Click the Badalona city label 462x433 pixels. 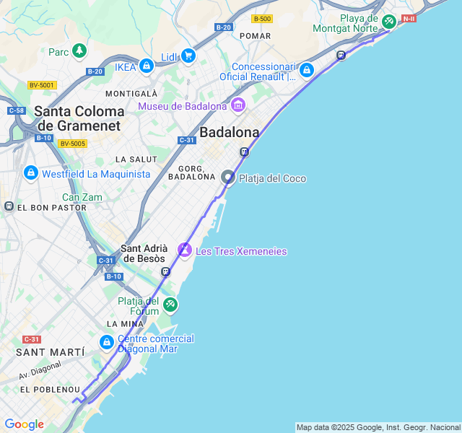pyautogui.click(x=229, y=133)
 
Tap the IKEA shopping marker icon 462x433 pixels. pyautogui.click(x=147, y=66)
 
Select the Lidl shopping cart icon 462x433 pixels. pyautogui.click(x=188, y=56)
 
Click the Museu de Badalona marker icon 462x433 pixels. pyautogui.click(x=238, y=107)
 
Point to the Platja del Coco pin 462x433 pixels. pyautogui.click(x=228, y=178)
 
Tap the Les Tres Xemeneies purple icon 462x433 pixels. pyautogui.click(x=185, y=250)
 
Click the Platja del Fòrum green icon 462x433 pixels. pyautogui.click(x=170, y=305)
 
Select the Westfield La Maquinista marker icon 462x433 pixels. pyautogui.click(x=30, y=173)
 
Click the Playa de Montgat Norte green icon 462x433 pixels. pyautogui.click(x=388, y=22)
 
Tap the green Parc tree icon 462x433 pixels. pyautogui.click(x=79, y=51)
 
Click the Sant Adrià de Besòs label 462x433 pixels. pyautogui.click(x=144, y=253)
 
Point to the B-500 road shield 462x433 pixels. pyautogui.click(x=262, y=19)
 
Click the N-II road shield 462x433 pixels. pyautogui.click(x=409, y=18)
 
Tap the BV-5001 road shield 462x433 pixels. pyautogui.click(x=42, y=85)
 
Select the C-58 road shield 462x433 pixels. pyautogui.click(x=16, y=110)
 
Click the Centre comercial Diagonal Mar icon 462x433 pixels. pyautogui.click(x=106, y=341)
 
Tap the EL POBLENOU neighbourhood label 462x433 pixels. pyautogui.click(x=50, y=390)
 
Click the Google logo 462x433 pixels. pyautogui.click(x=24, y=424)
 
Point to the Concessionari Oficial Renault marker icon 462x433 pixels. pyautogui.click(x=307, y=70)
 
